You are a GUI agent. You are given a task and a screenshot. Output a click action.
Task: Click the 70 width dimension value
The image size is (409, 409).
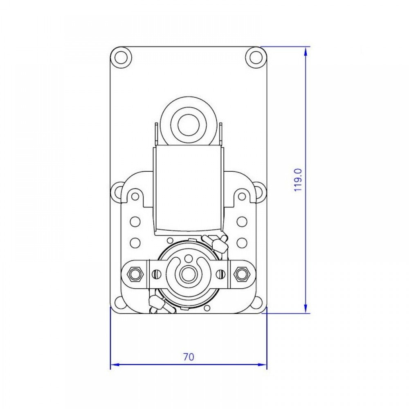pyautogui.click(x=189, y=357)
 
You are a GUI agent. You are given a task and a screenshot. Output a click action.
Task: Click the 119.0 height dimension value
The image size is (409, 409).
pyautogui.click(x=298, y=180)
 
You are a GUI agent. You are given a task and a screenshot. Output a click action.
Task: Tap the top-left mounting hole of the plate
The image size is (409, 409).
pyautogui.click(x=121, y=57)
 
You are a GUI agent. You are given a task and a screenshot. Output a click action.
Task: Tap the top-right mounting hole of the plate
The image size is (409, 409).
pyautogui.click(x=256, y=57)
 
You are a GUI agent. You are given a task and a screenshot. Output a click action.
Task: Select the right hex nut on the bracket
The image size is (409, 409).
pyautogui.click(x=243, y=274)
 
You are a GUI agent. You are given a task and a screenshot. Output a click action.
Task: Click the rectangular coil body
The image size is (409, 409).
pyautogui.click(x=188, y=188)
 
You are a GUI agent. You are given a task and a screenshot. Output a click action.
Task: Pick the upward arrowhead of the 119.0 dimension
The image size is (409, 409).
pyautogui.click(x=306, y=52)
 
